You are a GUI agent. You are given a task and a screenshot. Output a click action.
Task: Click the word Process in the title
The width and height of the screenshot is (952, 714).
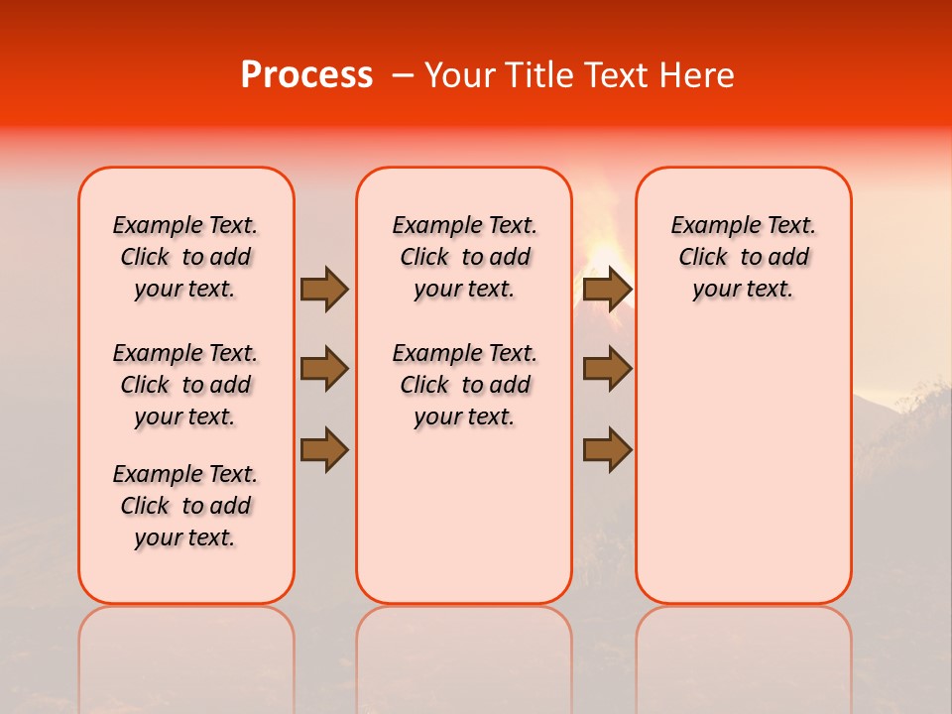(x=306, y=75)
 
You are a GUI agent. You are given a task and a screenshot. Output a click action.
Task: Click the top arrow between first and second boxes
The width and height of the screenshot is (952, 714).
(x=323, y=289)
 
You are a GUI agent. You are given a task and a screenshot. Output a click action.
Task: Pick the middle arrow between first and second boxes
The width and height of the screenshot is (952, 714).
(x=323, y=369)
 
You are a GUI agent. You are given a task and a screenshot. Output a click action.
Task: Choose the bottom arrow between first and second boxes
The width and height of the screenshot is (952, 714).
(x=323, y=449)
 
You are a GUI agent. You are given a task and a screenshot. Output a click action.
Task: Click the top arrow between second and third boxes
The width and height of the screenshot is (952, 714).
(x=607, y=289)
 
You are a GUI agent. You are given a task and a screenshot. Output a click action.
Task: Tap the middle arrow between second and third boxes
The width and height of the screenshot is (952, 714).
(x=607, y=369)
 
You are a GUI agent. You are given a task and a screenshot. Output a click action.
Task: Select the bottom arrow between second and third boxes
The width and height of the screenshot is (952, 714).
(x=607, y=449)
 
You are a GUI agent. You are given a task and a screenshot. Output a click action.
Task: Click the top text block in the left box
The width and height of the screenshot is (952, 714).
(x=185, y=257)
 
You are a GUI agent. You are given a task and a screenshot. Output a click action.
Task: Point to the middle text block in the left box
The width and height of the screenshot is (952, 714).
(x=185, y=385)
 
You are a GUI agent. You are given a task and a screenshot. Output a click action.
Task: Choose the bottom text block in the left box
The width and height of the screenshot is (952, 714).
(x=185, y=506)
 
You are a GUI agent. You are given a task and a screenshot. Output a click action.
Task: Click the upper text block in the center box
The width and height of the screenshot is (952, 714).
(x=464, y=257)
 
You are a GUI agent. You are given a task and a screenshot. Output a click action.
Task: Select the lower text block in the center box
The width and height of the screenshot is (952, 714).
(x=464, y=385)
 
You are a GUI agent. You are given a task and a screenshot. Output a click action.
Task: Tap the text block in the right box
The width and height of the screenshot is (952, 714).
(x=744, y=257)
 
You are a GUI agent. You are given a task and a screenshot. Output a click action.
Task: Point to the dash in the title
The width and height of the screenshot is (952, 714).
(x=403, y=75)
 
